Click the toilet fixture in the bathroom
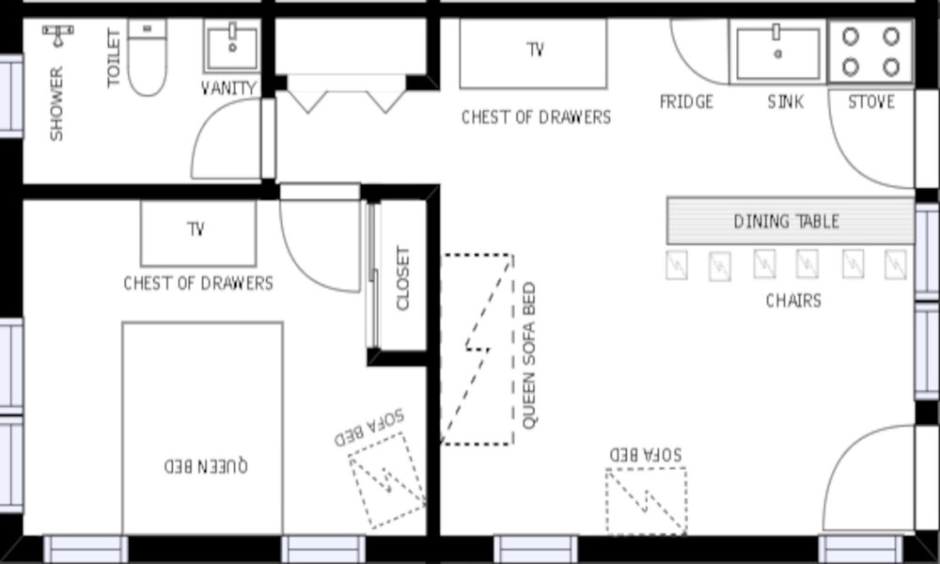coord(147,57)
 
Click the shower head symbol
coord(58,35)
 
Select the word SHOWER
coord(56,104)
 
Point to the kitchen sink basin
coord(777,53)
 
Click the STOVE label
coord(871,102)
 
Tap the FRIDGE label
coord(686,102)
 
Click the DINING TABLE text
coord(787,222)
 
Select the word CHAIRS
coord(793,300)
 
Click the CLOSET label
coord(403,278)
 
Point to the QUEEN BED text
coord(206,465)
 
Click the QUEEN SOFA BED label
coord(528,355)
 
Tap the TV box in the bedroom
coord(198,233)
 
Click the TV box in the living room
coord(534,54)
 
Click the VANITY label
coord(229,88)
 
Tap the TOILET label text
coord(114,58)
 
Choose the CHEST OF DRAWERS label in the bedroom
coord(198,283)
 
